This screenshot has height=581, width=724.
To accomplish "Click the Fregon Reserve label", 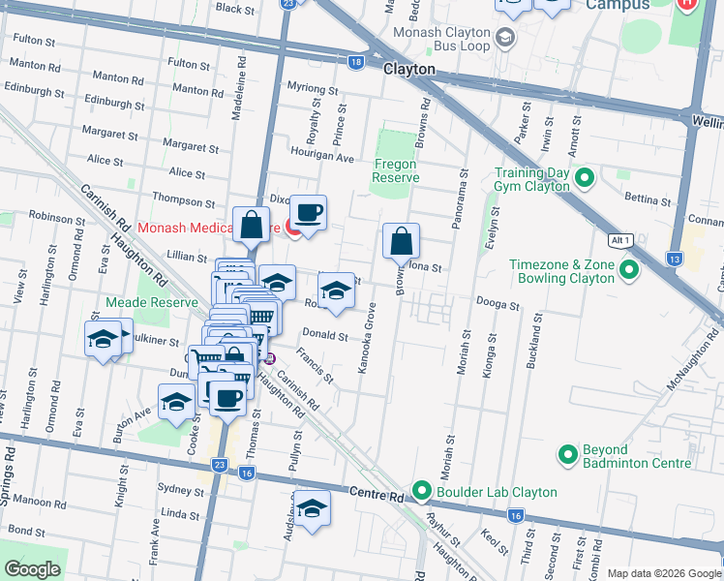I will coord(397,170).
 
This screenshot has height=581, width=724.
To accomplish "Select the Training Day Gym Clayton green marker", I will coord(584,178).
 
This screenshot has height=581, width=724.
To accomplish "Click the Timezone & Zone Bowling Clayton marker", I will coord(629,270).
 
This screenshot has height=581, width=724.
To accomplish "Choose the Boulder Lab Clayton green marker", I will coord(422,491).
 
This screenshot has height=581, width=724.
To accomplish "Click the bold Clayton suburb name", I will coord(409,70).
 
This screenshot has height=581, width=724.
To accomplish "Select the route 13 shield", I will coord(674,260).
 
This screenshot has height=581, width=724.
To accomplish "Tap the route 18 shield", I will coord(356,62).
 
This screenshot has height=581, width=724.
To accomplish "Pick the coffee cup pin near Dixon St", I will coord(309,212).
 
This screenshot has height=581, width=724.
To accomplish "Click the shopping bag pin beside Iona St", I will coord(401,240).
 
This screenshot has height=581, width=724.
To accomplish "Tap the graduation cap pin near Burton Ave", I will coord(176,401).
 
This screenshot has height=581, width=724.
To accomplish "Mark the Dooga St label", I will coord(498,304).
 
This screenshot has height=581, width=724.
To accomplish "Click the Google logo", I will coord(33,569).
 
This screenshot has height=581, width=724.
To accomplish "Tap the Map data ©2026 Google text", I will coord(664,573).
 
